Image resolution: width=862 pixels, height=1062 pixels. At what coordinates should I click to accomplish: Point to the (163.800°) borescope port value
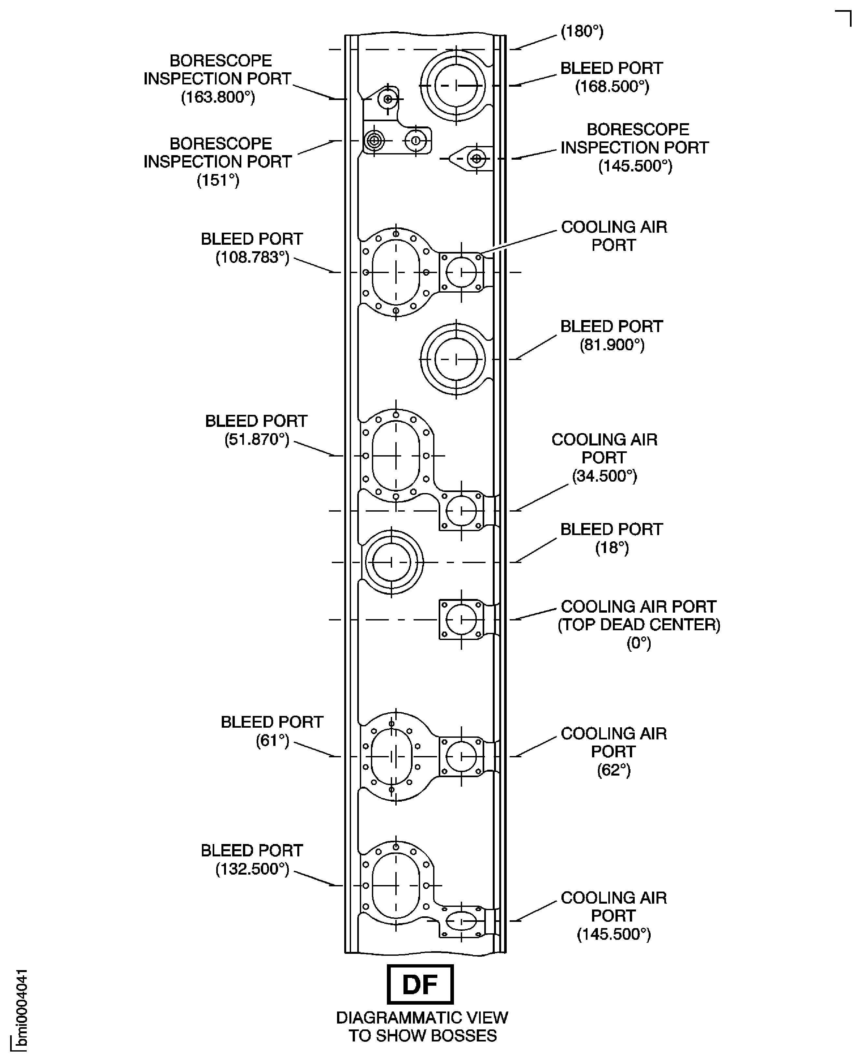tap(218, 97)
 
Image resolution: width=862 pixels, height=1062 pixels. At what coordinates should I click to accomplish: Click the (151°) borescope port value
tap(218, 180)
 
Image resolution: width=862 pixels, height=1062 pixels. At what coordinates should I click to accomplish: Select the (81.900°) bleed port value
tap(612, 345)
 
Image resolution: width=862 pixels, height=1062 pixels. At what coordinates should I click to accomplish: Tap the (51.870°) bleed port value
tap(256, 439)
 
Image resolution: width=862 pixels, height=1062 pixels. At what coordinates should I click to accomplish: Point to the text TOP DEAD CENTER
tap(639, 625)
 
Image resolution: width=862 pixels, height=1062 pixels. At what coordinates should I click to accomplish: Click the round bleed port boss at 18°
tap(391, 562)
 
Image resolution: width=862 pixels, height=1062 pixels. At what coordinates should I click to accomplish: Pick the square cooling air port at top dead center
tap(461, 619)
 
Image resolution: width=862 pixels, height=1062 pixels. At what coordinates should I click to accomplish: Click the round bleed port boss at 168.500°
tap(456, 85)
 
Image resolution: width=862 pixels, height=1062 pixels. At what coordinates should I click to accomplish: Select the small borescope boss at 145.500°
tap(477, 158)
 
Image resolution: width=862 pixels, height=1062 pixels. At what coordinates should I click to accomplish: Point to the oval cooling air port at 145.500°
tap(461, 921)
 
